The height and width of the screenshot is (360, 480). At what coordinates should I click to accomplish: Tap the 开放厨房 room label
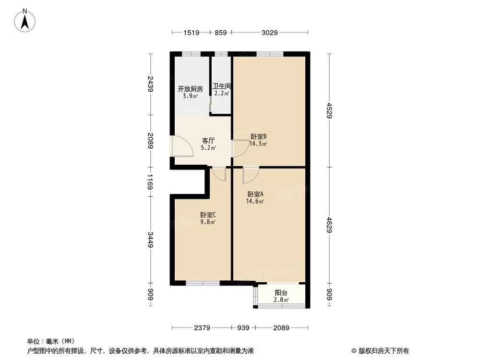coord(190,89)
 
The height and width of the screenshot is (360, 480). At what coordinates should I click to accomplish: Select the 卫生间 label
coord(222,87)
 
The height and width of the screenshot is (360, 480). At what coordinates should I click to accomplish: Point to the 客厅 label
coord(207,141)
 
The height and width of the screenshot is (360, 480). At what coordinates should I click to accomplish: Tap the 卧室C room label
coord(208,215)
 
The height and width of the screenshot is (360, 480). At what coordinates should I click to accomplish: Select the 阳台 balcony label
coord(281,293)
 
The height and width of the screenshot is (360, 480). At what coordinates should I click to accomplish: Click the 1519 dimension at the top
coord(191,33)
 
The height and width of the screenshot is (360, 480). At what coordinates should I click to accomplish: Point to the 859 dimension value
coord(221,33)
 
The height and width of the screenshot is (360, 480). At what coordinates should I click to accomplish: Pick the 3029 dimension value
coord(269,33)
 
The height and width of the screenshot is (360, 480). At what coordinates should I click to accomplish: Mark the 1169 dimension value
coord(151,182)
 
